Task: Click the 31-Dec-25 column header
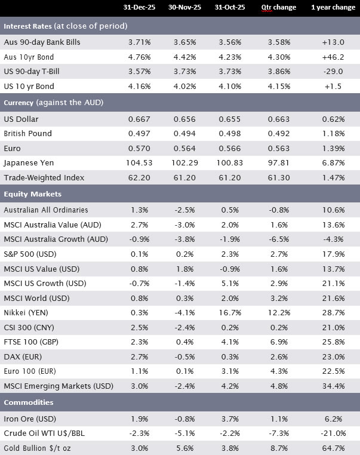[x=140, y=8]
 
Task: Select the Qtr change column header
[x=275, y=8]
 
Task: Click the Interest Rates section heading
[x=65, y=26]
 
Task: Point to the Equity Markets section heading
[x=33, y=194]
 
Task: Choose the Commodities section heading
[x=29, y=402]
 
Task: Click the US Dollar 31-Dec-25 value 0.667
[x=140, y=118]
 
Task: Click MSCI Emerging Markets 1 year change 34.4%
[x=333, y=388]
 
